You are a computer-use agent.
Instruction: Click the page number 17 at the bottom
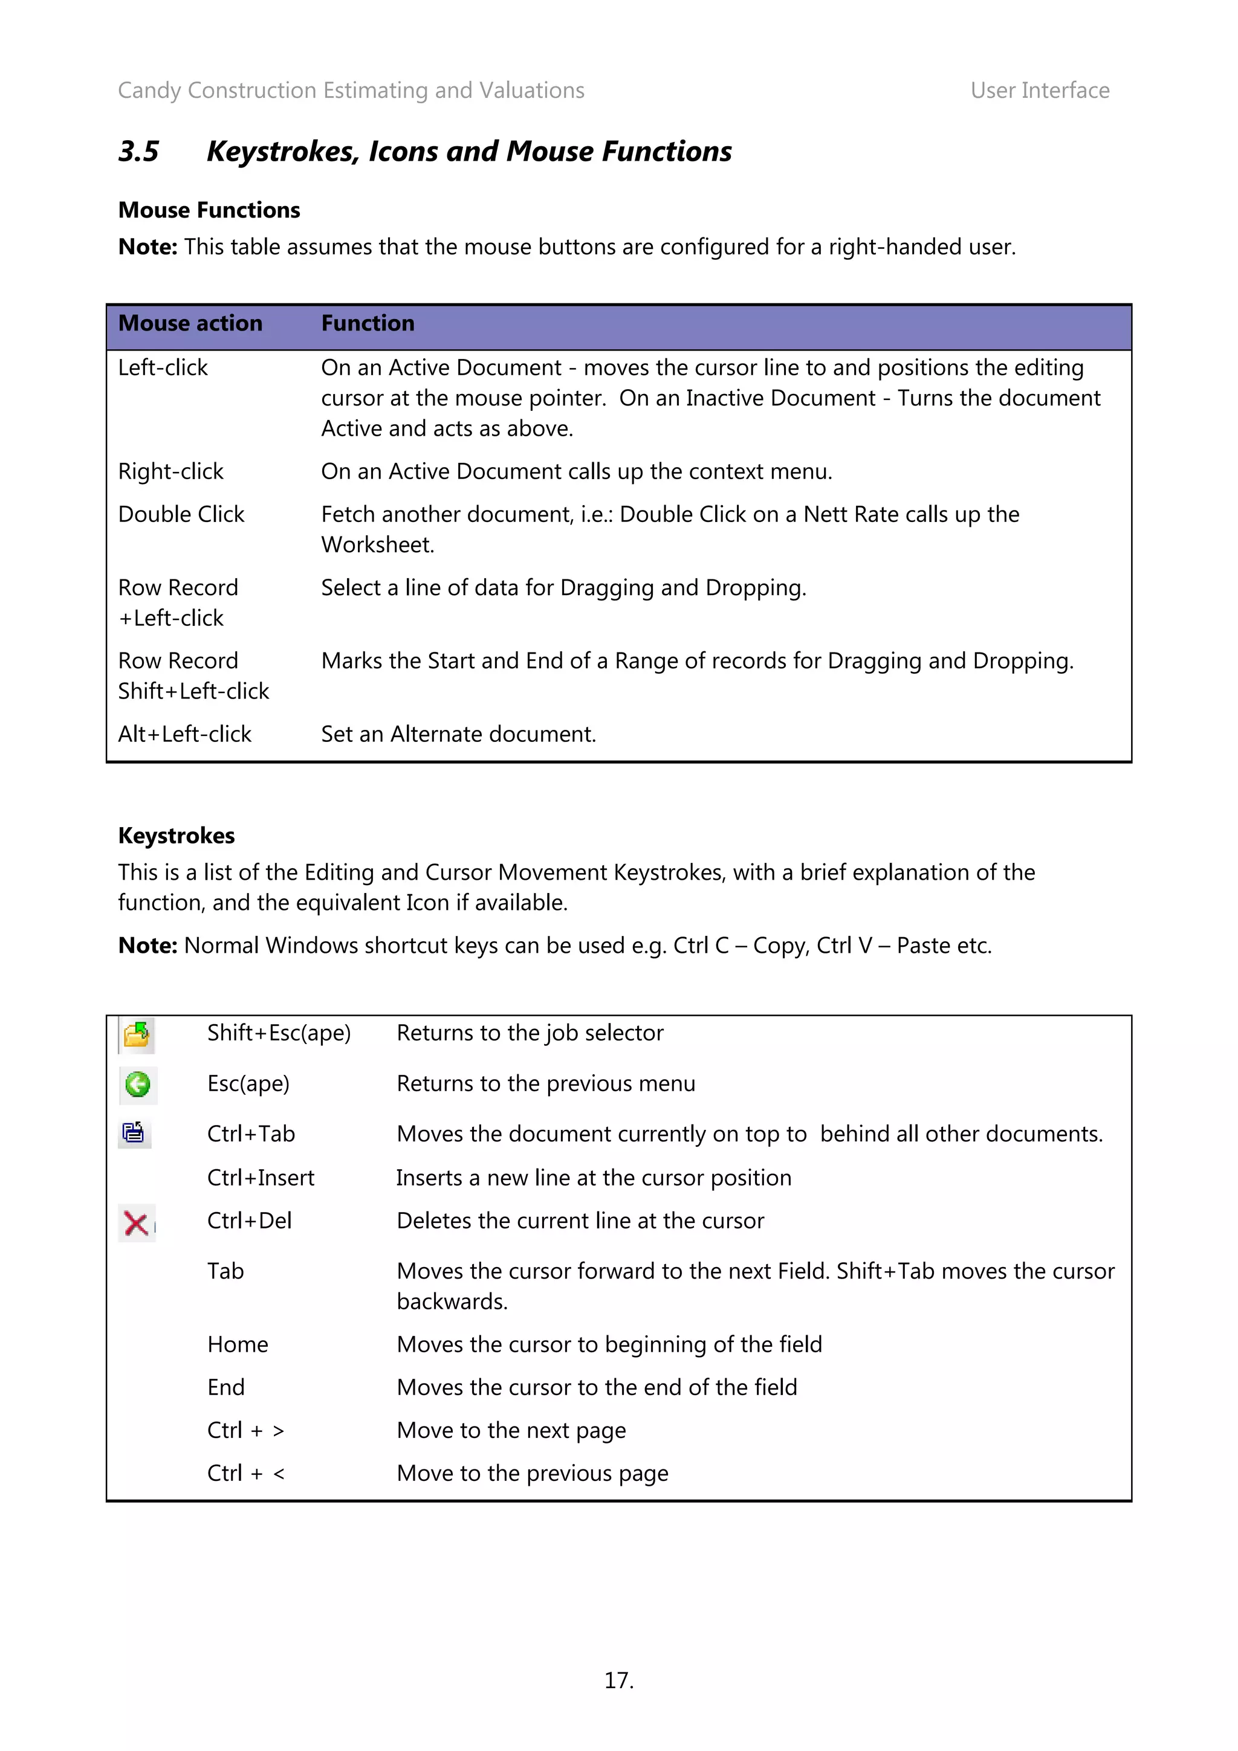[x=618, y=1680]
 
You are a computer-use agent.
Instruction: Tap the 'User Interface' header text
[x=1039, y=91]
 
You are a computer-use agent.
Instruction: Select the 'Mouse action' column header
[x=190, y=323]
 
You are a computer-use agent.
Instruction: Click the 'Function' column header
[x=368, y=323]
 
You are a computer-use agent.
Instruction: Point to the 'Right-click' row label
[x=171, y=471]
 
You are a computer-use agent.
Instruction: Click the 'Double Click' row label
[x=181, y=514]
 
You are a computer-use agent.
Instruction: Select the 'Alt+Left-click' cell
[x=184, y=734]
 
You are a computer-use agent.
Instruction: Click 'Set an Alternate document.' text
[x=458, y=734]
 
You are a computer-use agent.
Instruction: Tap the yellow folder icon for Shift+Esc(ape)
[x=137, y=1035]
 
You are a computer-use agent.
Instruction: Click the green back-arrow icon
[x=138, y=1085]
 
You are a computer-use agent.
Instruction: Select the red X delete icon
[x=137, y=1224]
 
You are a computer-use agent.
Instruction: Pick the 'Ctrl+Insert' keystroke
[x=260, y=1178]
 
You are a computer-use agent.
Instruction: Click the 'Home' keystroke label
[x=237, y=1344]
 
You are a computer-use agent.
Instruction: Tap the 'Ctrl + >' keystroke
[x=245, y=1430]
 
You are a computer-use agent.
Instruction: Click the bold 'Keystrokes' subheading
[x=176, y=836]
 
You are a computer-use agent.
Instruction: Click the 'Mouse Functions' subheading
[x=209, y=210]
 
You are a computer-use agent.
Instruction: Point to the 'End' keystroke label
[x=226, y=1387]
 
